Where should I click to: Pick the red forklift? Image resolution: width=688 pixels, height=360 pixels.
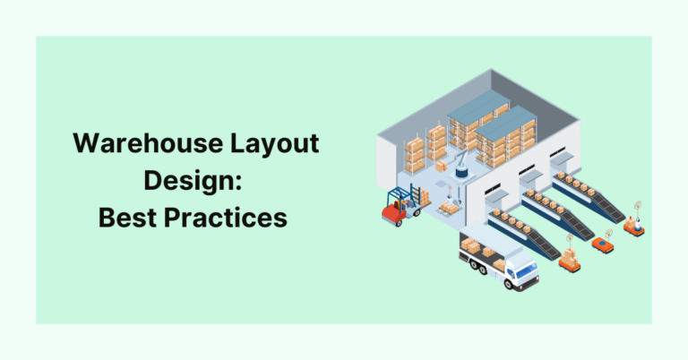click(x=394, y=211)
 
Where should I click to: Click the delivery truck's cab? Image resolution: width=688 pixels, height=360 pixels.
click(x=520, y=269)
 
